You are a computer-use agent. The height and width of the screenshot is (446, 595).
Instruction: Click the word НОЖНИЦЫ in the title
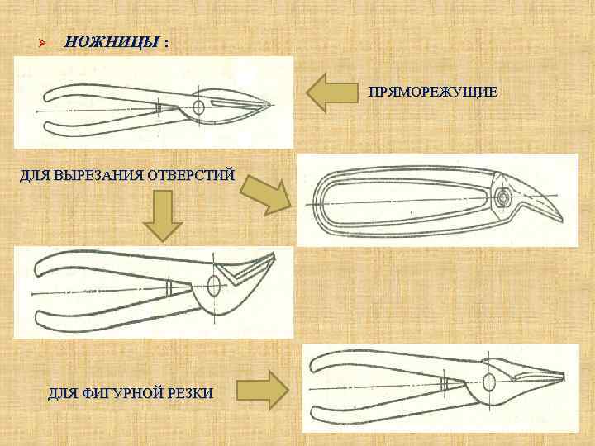click(x=112, y=42)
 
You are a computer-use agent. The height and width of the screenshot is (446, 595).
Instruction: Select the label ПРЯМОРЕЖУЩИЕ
click(x=433, y=92)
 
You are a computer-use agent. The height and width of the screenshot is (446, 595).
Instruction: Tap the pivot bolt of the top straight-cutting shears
click(x=199, y=107)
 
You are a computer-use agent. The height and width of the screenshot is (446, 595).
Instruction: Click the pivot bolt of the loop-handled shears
click(x=502, y=197)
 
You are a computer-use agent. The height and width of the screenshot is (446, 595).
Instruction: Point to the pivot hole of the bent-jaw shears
click(x=214, y=286)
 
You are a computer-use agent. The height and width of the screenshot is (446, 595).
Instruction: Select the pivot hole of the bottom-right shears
click(x=488, y=382)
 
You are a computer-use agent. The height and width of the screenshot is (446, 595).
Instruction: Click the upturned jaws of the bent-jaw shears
click(x=248, y=266)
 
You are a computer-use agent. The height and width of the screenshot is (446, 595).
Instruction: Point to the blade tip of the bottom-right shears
click(x=566, y=376)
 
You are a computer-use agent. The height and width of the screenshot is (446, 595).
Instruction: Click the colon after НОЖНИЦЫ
click(x=167, y=42)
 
